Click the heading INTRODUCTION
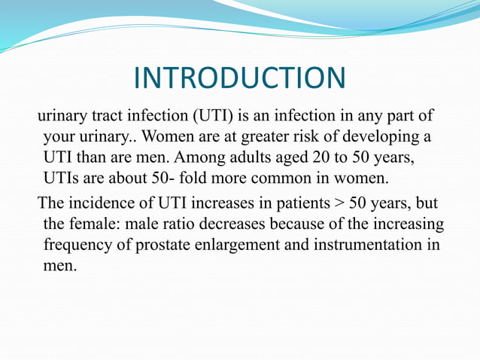(x=239, y=79)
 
